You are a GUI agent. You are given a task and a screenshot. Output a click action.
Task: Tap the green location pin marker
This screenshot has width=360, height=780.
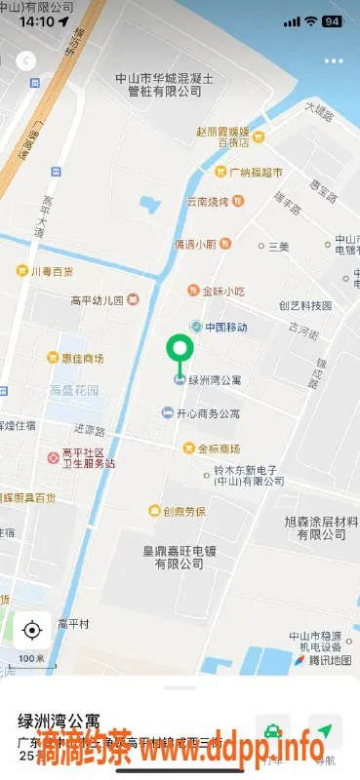(x=179, y=350)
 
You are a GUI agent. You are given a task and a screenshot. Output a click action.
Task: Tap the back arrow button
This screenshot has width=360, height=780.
(x=26, y=60)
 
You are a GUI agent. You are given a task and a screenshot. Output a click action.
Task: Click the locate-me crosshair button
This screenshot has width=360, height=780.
(x=31, y=630)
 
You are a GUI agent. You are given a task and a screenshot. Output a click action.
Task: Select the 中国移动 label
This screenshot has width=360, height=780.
(x=225, y=328)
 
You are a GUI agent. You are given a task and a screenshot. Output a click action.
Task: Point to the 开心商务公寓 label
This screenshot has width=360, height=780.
(x=207, y=413)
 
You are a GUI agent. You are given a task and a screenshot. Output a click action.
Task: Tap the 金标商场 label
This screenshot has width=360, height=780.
(x=219, y=448)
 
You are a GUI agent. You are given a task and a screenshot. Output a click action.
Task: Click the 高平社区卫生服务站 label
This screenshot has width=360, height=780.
(x=88, y=457)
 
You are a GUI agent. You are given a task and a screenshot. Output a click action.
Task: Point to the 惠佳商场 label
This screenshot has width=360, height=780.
(x=81, y=358)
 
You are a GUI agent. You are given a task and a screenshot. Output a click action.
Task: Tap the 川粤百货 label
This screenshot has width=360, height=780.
(x=51, y=270)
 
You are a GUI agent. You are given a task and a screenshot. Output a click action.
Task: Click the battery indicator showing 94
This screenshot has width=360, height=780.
(x=332, y=20)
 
